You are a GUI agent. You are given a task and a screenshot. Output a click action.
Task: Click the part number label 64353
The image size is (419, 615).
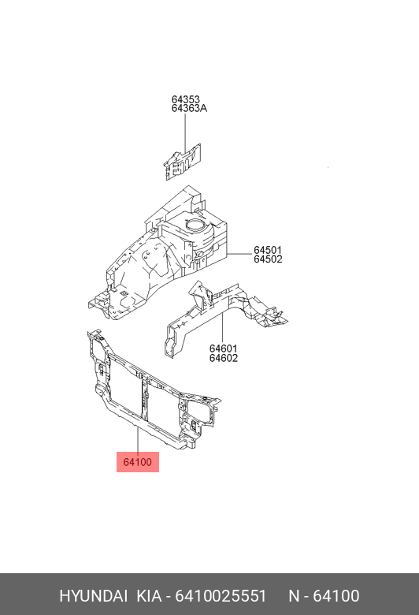pos(185,99)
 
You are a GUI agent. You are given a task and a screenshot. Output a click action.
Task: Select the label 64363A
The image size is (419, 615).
pos(189,108)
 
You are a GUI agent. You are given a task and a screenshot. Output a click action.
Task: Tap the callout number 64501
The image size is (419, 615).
pos(268,250)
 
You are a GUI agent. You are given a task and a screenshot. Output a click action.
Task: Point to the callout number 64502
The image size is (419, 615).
pos(268,259)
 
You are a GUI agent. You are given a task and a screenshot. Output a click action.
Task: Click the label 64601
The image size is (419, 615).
pos(224,348)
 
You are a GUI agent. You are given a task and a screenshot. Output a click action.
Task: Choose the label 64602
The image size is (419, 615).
pos(224,358)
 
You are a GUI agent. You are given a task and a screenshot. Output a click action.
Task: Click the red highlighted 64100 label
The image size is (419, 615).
pos(138,462)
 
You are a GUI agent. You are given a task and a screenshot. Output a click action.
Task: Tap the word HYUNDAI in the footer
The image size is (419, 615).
pos(93,596)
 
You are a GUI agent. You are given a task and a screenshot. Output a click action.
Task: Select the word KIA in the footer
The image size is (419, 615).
pos(149,596)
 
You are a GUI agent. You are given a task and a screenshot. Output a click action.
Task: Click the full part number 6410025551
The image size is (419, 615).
pos(221,596)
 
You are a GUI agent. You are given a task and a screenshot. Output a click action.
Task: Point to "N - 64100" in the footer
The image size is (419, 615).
pos(324,596)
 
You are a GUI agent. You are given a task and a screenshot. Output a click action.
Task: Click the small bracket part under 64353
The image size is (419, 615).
pos(182,162)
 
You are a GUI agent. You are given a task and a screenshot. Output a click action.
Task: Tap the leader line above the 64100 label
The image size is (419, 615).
pos(138,440)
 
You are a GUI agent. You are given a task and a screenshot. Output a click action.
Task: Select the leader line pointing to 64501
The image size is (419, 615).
pos(239,254)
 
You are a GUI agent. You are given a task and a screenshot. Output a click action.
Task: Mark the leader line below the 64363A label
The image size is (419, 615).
pos(185,133)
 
